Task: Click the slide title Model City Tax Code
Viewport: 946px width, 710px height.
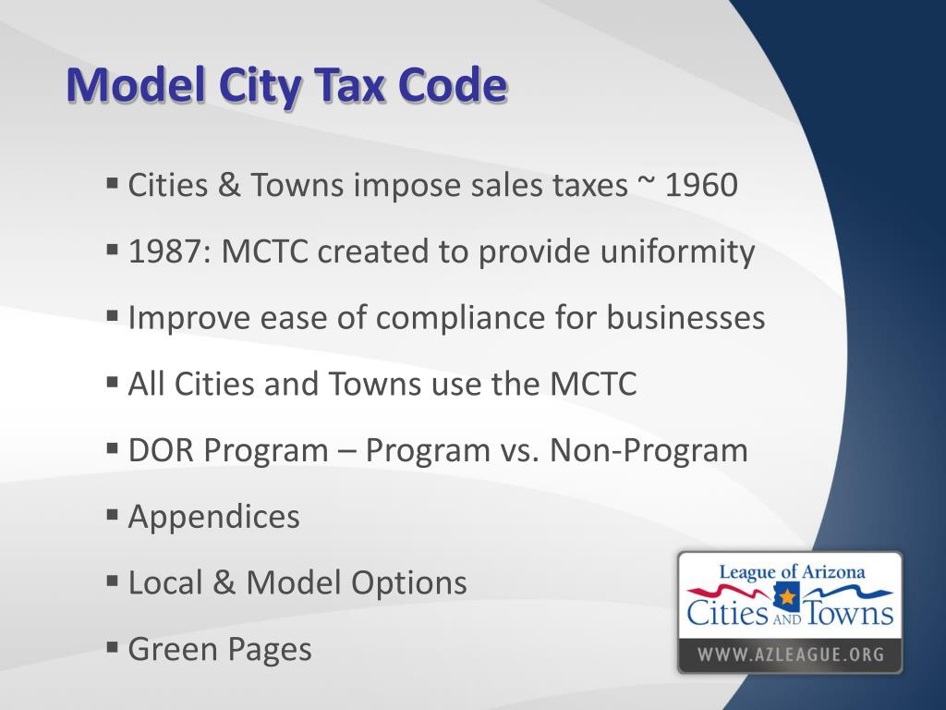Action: pyautogui.click(x=286, y=86)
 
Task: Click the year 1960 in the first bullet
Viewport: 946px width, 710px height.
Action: pyautogui.click(x=701, y=186)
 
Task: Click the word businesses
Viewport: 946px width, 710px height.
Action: pyautogui.click(x=685, y=318)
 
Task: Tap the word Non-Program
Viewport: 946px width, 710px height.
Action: pyautogui.click(x=649, y=450)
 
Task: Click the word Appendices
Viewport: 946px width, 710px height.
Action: pyautogui.click(x=213, y=517)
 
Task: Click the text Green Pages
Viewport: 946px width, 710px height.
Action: pyautogui.click(x=220, y=649)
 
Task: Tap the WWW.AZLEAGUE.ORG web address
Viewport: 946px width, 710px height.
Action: pyautogui.click(x=790, y=655)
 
